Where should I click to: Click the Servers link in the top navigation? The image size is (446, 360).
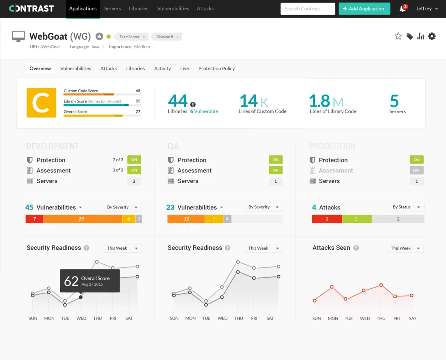pos(112,9)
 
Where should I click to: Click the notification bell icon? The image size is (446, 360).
pos(403,9)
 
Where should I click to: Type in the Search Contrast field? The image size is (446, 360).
pos(308,9)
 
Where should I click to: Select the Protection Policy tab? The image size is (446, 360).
pos(216,68)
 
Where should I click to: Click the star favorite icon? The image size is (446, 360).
pos(398,36)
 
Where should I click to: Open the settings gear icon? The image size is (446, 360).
pos(432,36)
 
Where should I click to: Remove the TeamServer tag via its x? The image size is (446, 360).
pos(144,37)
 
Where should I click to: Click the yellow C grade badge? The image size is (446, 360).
pos(41,103)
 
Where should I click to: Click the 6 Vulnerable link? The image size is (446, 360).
pos(204,111)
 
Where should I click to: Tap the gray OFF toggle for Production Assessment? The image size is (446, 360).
pos(416,170)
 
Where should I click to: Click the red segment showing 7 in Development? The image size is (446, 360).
pos(34,219)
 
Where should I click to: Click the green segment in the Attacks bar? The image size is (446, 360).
pos(356,219)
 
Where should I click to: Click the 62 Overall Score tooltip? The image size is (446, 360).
pos(90,281)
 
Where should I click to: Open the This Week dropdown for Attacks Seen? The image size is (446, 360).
pos(405,248)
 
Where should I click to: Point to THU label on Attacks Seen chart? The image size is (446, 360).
pos(381,318)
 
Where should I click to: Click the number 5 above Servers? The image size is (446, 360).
pos(394,101)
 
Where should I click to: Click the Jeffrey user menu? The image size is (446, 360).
pos(427,9)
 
